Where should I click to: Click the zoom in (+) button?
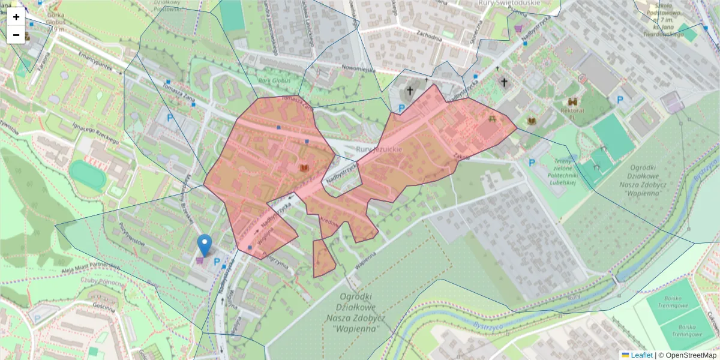coord(16,17)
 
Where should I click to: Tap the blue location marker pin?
coord(205,245)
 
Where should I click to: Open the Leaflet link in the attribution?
coord(641,355)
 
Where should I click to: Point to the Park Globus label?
coord(273,81)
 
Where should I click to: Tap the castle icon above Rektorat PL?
coord(572,101)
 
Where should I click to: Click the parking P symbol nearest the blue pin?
coord(217,262)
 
